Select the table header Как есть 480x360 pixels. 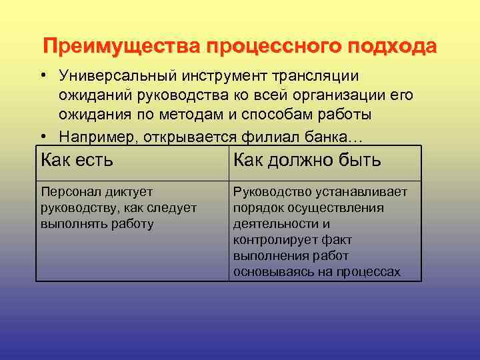tap(77, 161)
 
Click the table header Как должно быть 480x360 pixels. tap(307, 161)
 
